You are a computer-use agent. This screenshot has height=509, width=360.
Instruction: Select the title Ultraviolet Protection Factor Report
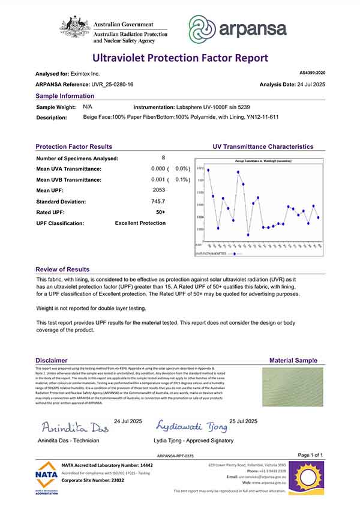179,58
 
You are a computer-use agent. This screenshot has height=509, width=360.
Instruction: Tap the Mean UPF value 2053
158,190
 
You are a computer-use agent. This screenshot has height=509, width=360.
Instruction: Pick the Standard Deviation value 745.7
158,201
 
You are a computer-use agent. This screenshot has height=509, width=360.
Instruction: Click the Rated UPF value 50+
160,212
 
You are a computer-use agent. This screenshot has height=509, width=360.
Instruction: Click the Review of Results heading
62,270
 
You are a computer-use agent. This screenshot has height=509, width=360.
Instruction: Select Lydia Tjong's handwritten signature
192,427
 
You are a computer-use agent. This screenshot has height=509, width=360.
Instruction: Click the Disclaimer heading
52,360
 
